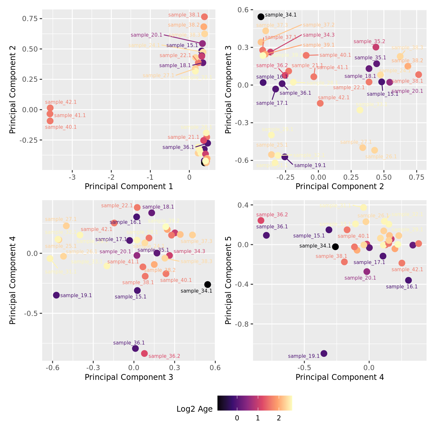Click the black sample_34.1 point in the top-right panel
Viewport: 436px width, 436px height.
click(x=261, y=17)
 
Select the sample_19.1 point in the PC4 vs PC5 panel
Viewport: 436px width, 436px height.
click(x=324, y=353)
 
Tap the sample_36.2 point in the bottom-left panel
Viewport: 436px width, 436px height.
click(x=144, y=353)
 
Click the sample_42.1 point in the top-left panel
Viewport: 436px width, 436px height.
click(x=50, y=108)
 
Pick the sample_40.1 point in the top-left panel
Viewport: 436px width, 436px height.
click(x=50, y=121)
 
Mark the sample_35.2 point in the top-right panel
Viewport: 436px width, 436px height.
click(x=376, y=47)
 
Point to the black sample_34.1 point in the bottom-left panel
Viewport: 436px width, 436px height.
click(x=208, y=285)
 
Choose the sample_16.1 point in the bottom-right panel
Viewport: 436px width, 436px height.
click(x=408, y=280)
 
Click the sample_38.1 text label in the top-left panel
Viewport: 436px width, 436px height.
click(x=184, y=15)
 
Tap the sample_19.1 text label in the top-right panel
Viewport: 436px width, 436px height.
click(x=310, y=165)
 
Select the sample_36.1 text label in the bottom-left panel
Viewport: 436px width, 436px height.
click(x=129, y=343)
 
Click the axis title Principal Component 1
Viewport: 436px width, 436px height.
click(x=129, y=187)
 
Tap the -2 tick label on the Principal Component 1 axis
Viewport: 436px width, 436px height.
click(x=111, y=177)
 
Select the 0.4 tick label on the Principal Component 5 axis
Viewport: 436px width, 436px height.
click(x=243, y=205)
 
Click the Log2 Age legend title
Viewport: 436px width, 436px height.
click(x=194, y=409)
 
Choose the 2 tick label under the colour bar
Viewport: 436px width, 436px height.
click(x=279, y=418)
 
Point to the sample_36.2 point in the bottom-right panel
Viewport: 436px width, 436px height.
click(x=261, y=221)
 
